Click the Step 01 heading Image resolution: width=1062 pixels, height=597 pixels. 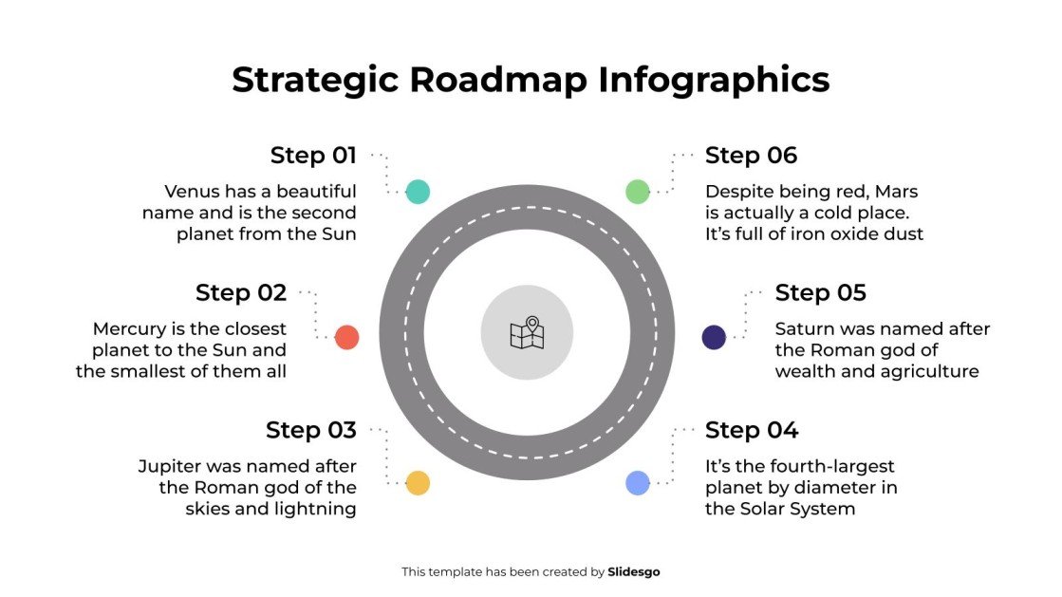313,156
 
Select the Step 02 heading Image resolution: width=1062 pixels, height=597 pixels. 241,293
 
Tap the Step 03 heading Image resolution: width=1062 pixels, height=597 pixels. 311,431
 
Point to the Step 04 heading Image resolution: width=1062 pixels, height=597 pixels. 752,431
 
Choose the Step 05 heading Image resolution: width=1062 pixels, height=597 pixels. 821,293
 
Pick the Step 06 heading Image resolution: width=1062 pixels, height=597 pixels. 752,156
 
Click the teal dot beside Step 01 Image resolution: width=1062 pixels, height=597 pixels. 418,191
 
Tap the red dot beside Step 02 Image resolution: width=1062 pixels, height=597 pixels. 347,337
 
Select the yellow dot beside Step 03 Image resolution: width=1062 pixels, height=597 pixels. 418,483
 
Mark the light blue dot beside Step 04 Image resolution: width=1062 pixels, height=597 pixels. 638,483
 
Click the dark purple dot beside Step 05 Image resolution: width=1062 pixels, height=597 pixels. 714,337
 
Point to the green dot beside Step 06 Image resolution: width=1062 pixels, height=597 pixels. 638,191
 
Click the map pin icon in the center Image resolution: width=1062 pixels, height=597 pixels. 527,332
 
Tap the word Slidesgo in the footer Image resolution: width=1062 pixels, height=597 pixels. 634,572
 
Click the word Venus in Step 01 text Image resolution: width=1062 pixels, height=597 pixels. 193,192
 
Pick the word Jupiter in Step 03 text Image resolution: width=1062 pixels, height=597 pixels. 169,467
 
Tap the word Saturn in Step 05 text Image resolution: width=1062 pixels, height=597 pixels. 805,329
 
